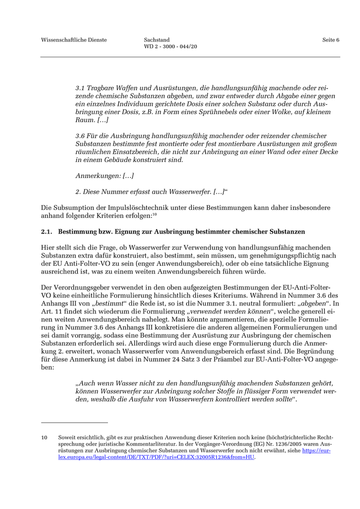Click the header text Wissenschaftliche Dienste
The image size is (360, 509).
(x=74, y=40)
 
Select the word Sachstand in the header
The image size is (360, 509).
(x=157, y=40)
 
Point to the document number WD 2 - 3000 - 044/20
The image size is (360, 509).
(x=171, y=47)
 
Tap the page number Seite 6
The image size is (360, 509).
(x=331, y=40)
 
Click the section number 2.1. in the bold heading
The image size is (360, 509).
(x=47, y=232)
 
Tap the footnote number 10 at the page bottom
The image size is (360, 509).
(x=44, y=438)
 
